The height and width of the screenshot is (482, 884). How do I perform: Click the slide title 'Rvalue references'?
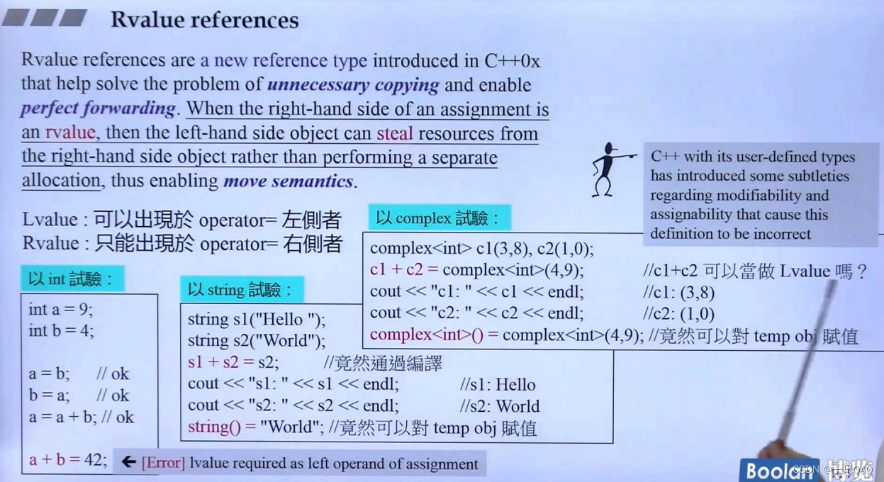[x=204, y=20]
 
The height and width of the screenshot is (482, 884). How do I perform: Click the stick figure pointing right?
[x=608, y=169]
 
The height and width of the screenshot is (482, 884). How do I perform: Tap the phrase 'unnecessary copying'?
[x=353, y=85]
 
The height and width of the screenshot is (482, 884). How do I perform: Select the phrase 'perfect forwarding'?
[x=98, y=108]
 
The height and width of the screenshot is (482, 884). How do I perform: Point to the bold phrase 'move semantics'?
[x=288, y=181]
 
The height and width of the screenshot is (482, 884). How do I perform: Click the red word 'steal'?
[x=394, y=133]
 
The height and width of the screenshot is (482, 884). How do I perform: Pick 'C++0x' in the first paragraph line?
[x=512, y=61]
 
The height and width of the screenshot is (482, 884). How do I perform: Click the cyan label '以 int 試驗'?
[x=71, y=279]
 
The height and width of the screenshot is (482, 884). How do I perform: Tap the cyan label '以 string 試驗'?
[x=240, y=289]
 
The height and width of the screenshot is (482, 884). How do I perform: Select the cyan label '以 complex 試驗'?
[x=438, y=218]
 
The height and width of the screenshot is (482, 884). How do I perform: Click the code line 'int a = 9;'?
[x=60, y=309]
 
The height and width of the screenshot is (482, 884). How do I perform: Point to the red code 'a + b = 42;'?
[x=67, y=459]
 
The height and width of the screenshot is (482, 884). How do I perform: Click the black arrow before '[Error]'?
[x=128, y=462]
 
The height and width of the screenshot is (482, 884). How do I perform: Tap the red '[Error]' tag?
[x=163, y=464]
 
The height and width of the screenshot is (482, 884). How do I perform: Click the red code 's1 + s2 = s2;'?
[x=233, y=362]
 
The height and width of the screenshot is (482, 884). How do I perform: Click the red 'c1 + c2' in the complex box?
[x=396, y=270]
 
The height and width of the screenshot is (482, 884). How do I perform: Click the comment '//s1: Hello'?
[x=498, y=385]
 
